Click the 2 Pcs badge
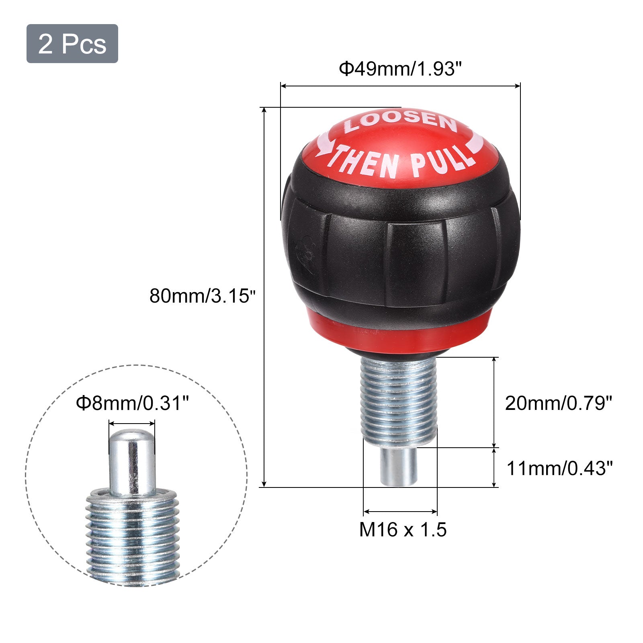tap(72, 44)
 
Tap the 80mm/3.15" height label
tap(203, 296)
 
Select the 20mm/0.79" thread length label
tap(558, 403)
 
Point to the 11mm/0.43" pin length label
tap(559, 469)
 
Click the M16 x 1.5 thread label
tap(403, 530)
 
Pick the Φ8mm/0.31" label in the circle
tap(132, 403)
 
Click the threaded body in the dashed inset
tap(132, 534)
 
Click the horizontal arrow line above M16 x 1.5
tap(400, 512)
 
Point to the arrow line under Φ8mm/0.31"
tap(132, 423)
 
